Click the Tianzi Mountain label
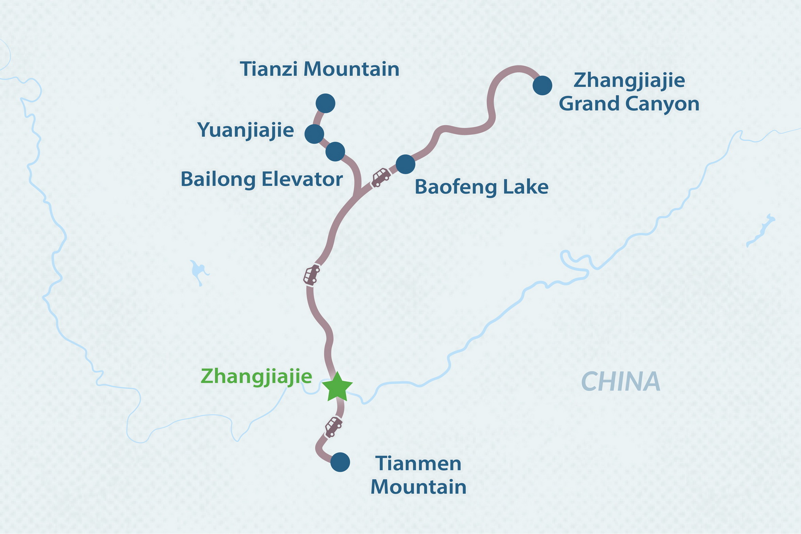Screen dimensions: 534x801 pyautogui.click(x=320, y=69)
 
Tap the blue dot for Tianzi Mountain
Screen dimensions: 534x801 pyautogui.click(x=325, y=103)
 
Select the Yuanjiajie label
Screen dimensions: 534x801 pyautogui.click(x=246, y=130)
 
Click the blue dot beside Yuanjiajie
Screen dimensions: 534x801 pyautogui.click(x=314, y=133)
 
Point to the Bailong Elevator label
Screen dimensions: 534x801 pyautogui.click(x=262, y=179)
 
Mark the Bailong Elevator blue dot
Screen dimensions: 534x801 pyautogui.click(x=335, y=151)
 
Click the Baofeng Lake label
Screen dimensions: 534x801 pyautogui.click(x=481, y=187)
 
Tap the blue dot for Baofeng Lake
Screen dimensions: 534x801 pyautogui.click(x=405, y=164)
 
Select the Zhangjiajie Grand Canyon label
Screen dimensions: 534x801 pyautogui.click(x=629, y=92)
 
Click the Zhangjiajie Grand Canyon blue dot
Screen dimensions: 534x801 pyautogui.click(x=542, y=85)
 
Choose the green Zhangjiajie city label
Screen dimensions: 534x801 pyautogui.click(x=256, y=376)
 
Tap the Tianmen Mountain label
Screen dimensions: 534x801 pyautogui.click(x=418, y=475)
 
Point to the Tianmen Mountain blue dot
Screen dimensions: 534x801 pyautogui.click(x=340, y=462)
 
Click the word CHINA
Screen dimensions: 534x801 pyautogui.click(x=621, y=382)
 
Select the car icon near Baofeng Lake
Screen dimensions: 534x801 pyautogui.click(x=381, y=177)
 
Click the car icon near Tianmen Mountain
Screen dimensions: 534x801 pyautogui.click(x=333, y=426)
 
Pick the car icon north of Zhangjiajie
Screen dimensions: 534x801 pyautogui.click(x=312, y=274)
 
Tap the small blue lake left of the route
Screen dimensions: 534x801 pyautogui.click(x=198, y=271)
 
